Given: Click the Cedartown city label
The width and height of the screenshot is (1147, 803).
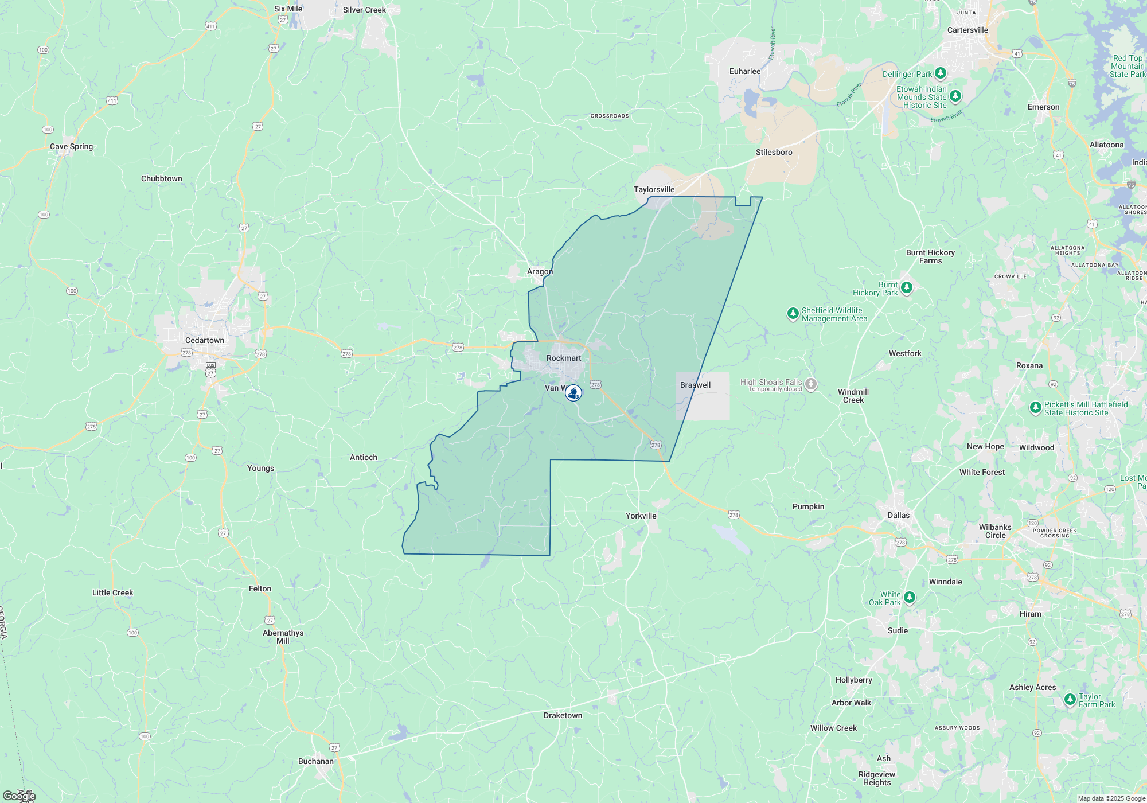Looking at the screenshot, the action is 204,340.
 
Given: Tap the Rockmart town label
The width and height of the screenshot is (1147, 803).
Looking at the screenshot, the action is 563,358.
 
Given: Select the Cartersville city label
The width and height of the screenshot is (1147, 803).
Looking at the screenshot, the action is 967,30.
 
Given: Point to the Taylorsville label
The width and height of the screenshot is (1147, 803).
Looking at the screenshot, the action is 654,189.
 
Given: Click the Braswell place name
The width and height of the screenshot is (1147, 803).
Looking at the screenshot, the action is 695,385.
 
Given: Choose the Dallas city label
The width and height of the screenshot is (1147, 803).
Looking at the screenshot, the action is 898,515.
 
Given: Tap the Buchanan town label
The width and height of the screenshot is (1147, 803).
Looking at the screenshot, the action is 315,761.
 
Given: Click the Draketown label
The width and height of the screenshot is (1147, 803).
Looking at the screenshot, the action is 563,715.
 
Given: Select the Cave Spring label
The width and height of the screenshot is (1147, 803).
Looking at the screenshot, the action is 71,146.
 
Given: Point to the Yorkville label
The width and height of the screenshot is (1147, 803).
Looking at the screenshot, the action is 641,516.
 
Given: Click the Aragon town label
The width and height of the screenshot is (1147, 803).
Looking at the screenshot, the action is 540,271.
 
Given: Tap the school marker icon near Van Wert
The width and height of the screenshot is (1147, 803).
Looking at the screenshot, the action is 573,393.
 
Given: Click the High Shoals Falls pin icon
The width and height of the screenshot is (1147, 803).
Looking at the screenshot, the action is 810,384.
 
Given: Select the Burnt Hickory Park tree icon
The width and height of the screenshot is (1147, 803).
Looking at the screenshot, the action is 906,287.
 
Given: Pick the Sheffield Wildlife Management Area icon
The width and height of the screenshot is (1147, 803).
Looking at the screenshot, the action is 793,313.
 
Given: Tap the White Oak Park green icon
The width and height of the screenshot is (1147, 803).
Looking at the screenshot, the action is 909,598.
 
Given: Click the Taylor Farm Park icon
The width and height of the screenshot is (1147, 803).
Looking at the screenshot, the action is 1070,699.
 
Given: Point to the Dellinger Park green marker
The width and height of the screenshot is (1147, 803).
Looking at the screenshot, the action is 940,73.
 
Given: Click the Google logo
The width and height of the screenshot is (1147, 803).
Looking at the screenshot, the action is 19,796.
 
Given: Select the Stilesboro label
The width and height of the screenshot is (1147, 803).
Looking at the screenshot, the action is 774,152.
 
